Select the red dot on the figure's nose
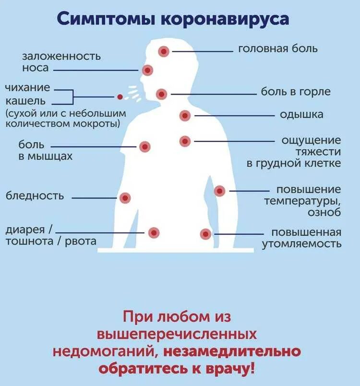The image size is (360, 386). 148,70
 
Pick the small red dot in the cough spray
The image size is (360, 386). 120,96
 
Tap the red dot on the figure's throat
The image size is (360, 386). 162,94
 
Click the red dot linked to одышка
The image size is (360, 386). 185,115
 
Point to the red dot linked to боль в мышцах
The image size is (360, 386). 145,147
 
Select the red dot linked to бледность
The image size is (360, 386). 125,197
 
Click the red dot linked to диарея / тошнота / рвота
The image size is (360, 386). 154,233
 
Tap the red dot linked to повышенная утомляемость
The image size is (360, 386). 206,234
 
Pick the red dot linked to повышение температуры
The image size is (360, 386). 220,191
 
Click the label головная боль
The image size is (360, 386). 278,49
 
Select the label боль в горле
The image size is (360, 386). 296,91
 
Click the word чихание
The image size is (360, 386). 28,88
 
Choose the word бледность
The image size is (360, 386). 35,196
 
